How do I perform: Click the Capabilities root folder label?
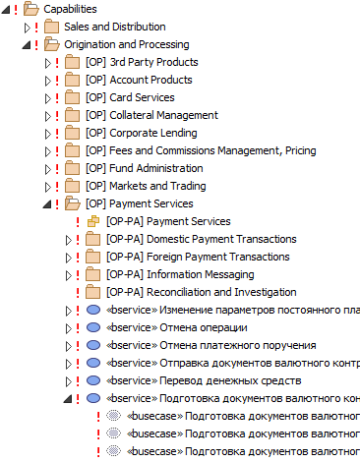pos(72,9)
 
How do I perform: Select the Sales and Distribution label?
pos(114,27)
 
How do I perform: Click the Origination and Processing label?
pos(126,44)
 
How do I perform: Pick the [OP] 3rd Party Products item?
pos(141,62)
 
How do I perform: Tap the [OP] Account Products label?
pos(139,80)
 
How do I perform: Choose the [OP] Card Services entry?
pos(130,97)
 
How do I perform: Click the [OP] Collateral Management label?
pos(150,115)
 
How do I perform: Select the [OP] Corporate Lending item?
pos(141,133)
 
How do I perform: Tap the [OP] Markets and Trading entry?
pos(146,186)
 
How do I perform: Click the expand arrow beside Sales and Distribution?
pos(27,27)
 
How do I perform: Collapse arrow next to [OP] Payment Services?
pos(47,204)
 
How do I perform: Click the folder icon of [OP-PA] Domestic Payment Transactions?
pos(92,239)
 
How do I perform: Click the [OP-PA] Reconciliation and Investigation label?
pos(201,292)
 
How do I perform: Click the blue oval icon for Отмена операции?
pos(93,327)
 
